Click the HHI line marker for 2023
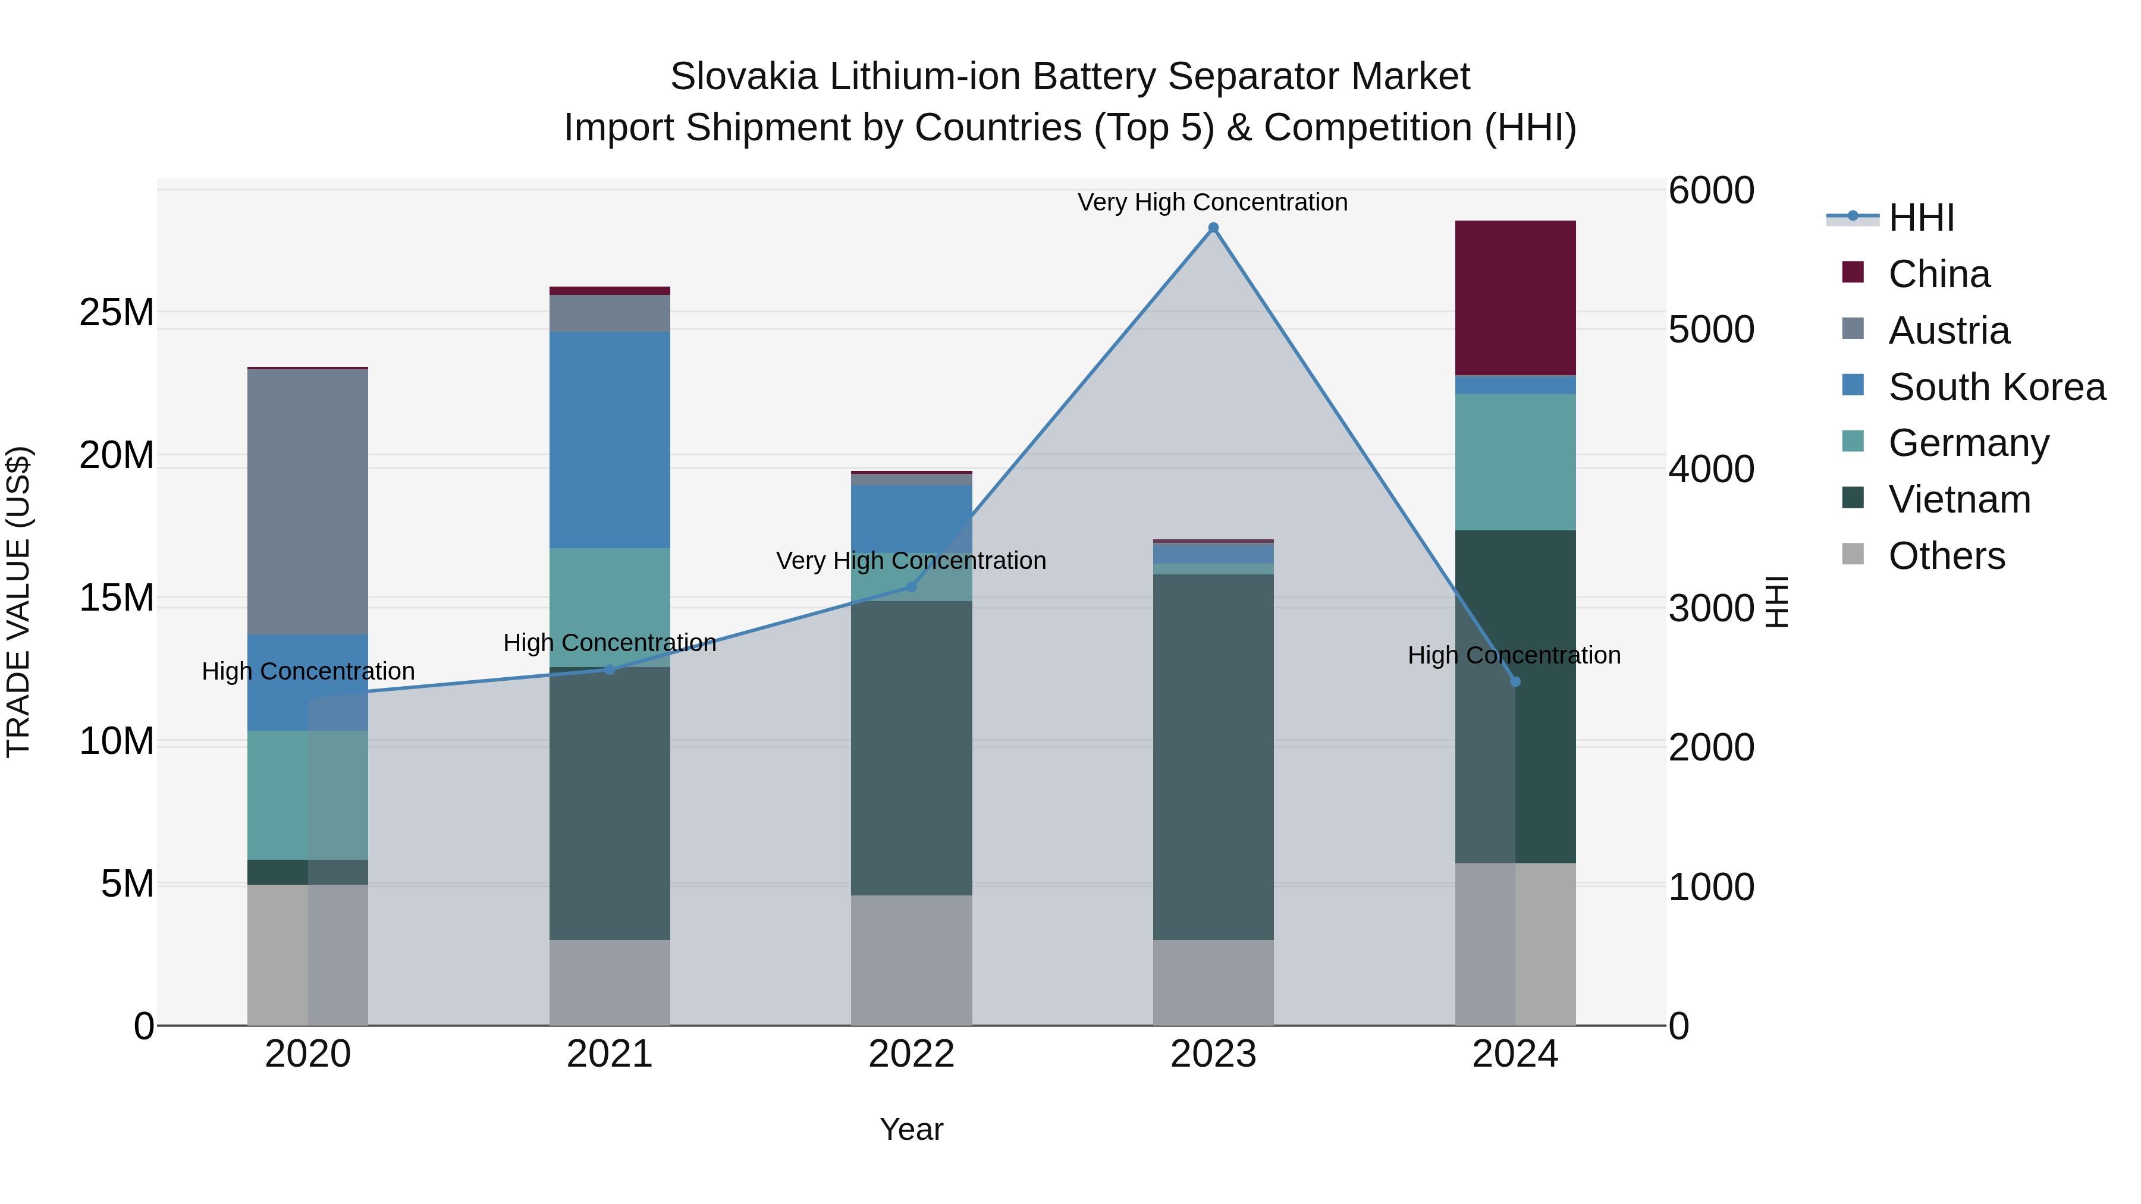(1213, 228)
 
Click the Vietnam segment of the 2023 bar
(1213, 756)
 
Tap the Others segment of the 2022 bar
(911, 960)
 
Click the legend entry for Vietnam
(1958, 499)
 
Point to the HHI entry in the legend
(1920, 218)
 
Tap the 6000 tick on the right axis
(1710, 190)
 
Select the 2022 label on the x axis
(911, 1054)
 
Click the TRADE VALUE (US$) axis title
(18, 602)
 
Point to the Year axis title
(911, 1129)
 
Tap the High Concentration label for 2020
(307, 671)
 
